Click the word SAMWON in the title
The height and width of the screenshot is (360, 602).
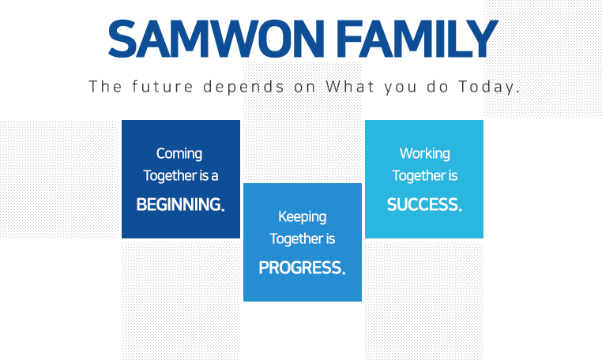[216, 39]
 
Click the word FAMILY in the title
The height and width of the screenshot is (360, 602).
[419, 39]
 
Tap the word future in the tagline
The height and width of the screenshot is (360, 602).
[163, 86]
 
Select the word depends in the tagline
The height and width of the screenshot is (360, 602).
[244, 87]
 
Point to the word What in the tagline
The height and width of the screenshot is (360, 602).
[350, 86]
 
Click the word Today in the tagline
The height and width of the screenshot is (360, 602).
[486, 87]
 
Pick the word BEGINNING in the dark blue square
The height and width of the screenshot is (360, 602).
[179, 204]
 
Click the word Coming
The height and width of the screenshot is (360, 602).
[179, 154]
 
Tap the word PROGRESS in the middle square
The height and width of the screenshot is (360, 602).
[300, 268]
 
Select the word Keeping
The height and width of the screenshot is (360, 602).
[302, 217]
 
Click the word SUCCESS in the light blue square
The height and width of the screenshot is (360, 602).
[423, 204]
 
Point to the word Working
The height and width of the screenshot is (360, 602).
[424, 154]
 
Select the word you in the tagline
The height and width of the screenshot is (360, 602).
[401, 88]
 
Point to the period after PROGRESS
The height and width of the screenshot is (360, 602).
[344, 273]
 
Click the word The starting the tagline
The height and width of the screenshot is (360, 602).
[105, 86]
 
